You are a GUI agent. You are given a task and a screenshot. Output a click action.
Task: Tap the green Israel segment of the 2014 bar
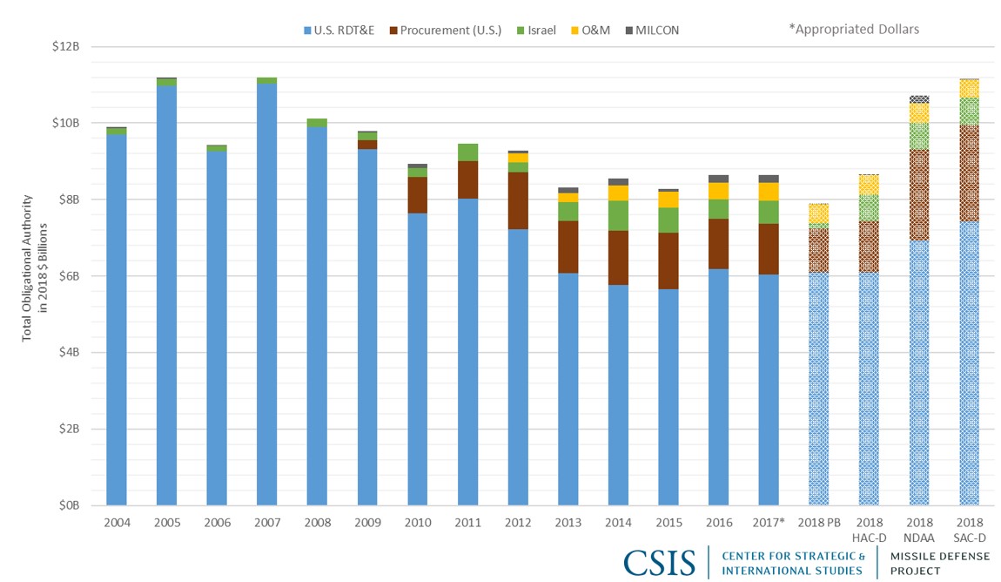617,215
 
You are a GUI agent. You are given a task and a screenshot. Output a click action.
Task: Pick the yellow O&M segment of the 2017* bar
768,191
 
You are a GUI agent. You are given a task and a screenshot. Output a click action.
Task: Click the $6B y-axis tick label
67,276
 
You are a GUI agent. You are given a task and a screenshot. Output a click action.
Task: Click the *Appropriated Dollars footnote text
853,30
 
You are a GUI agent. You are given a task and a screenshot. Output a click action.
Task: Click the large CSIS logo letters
659,562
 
